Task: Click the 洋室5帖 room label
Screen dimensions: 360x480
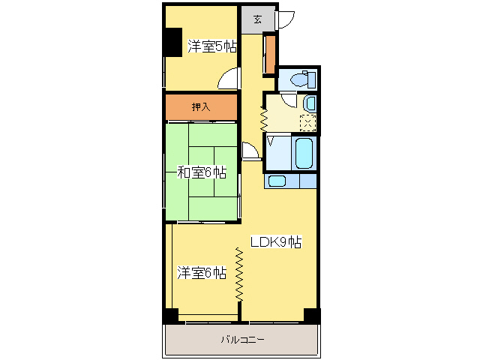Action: point(212,46)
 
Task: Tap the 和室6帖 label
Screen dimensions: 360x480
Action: point(201,172)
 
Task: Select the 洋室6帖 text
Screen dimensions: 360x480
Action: point(202,272)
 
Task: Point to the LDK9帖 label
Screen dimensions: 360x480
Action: point(275,242)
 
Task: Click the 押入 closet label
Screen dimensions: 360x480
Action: point(201,107)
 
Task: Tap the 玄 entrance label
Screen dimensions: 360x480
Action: point(257,19)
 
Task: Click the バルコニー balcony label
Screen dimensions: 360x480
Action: point(242,340)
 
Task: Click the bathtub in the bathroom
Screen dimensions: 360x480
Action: point(304,152)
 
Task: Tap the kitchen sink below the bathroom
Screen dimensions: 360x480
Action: point(277,181)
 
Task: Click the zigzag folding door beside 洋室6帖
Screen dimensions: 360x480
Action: point(239,274)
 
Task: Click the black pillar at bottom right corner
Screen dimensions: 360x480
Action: point(311,316)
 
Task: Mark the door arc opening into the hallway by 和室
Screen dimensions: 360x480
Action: point(250,151)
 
